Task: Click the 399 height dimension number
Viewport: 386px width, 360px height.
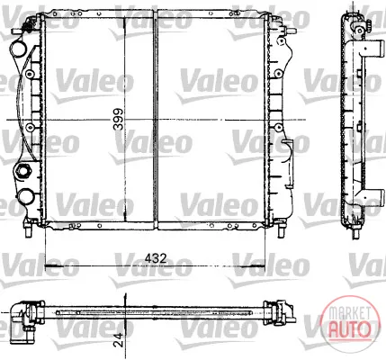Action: [118, 119]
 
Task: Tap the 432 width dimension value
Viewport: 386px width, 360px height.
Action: [156, 258]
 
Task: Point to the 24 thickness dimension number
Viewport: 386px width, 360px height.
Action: [120, 339]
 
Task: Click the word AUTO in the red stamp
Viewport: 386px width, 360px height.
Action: [350, 329]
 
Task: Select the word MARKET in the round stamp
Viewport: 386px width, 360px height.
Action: [349, 313]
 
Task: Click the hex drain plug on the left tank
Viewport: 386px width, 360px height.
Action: [22, 171]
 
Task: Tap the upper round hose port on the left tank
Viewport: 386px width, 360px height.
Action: [19, 49]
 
